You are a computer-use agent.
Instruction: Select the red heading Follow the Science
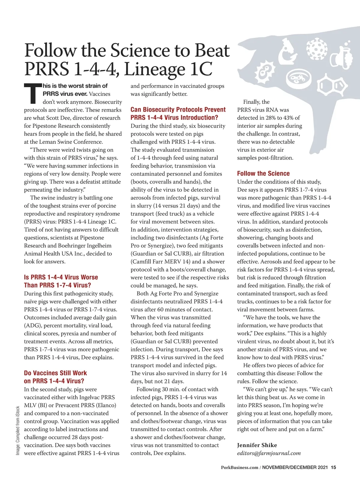point(263,174)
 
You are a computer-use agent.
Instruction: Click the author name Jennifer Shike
point(257,445)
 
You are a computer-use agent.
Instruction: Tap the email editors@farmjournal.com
point(269,453)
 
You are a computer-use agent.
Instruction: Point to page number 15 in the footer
point(333,467)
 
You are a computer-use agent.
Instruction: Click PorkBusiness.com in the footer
point(239,467)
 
